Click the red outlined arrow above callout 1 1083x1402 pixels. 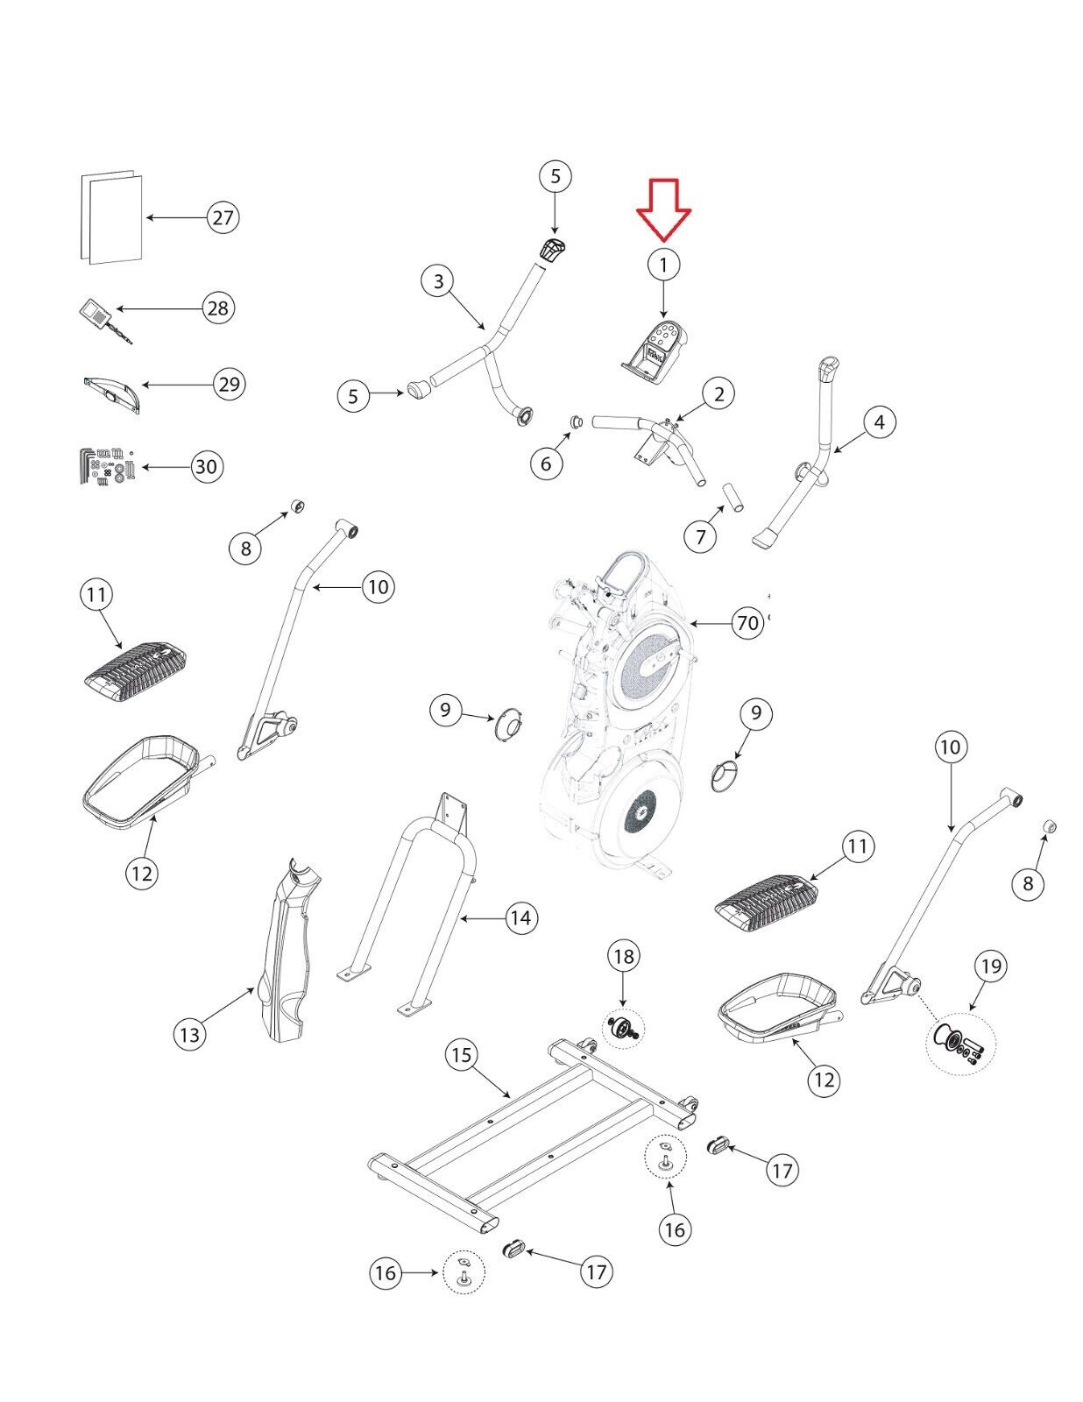[664, 209]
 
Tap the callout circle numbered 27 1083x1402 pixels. [223, 217]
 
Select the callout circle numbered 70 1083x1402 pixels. [747, 623]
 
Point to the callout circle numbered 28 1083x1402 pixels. [218, 308]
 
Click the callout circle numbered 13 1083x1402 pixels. [189, 1035]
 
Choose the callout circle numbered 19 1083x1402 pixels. [991, 966]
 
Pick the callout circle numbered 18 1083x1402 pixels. [624, 956]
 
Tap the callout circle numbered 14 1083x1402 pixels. [520, 917]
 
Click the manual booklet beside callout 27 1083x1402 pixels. [111, 217]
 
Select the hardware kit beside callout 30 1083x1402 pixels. [107, 466]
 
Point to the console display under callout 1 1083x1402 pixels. [655, 352]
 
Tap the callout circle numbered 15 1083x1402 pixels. [462, 1056]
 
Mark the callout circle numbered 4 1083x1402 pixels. [879, 422]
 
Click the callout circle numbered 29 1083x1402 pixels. [230, 384]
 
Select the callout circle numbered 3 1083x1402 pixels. [439, 281]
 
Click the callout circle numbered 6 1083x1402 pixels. [547, 464]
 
